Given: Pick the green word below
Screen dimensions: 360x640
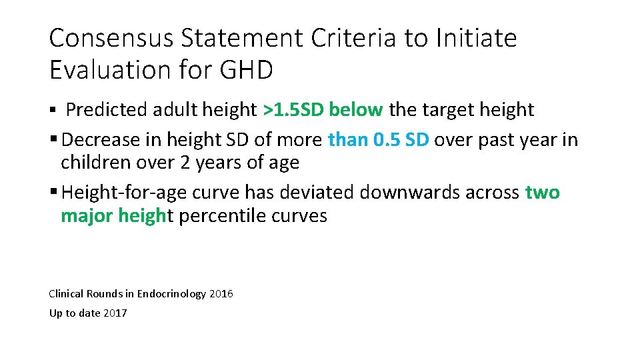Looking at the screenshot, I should point(356,109).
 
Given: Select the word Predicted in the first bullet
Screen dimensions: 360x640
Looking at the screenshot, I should point(107,109).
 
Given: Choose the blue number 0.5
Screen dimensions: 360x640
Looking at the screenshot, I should point(387,140).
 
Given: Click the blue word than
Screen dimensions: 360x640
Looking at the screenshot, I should point(347,140).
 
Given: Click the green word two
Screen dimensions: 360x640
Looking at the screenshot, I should point(543,193).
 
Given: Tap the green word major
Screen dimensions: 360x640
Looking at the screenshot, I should point(87,216).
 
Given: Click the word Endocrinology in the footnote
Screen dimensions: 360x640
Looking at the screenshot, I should point(172,294).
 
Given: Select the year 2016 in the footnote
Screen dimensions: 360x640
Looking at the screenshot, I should point(221,294).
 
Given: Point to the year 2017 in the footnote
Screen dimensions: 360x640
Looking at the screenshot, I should point(115,313).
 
